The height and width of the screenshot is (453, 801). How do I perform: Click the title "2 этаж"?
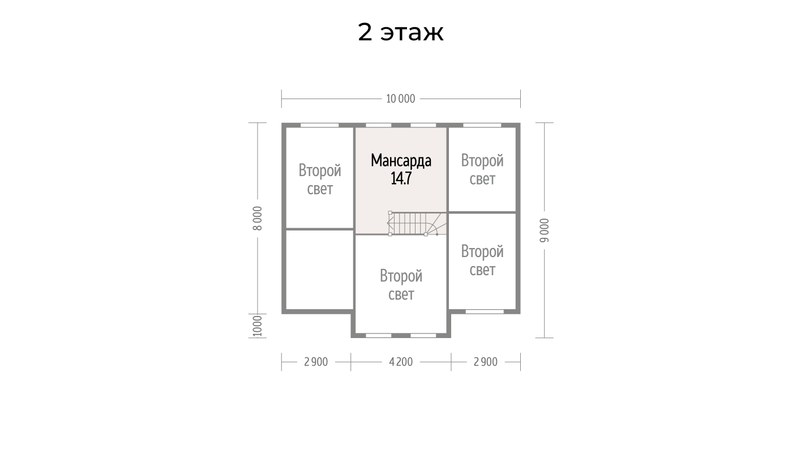(x=401, y=32)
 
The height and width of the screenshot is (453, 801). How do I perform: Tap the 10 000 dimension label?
(x=401, y=99)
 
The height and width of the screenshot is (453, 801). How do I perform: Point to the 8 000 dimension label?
(x=258, y=218)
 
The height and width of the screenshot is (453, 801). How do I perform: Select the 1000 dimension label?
(x=258, y=326)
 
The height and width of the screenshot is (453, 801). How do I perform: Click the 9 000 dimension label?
(x=544, y=230)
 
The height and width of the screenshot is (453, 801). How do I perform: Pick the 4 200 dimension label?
(x=401, y=362)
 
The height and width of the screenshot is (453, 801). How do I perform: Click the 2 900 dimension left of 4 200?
(x=316, y=362)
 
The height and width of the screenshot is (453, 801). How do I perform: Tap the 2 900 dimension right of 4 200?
(x=485, y=362)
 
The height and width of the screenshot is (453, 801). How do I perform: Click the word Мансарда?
(x=401, y=161)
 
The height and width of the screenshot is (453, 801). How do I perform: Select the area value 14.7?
(x=401, y=178)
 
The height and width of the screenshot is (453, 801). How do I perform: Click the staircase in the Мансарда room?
(x=417, y=223)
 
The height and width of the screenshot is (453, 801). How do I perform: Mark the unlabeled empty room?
(x=320, y=269)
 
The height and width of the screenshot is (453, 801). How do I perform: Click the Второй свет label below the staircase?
(x=401, y=285)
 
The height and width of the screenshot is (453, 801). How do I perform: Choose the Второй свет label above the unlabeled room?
(x=320, y=180)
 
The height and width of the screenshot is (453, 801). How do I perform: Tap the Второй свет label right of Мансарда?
(x=482, y=170)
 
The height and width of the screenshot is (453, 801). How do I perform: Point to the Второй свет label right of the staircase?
(x=482, y=260)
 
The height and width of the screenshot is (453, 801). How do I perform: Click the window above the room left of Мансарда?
(x=319, y=125)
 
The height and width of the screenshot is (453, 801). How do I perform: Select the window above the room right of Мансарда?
(x=482, y=125)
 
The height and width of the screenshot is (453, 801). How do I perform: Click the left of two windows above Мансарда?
(x=378, y=125)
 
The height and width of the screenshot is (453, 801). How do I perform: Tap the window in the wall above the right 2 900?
(x=485, y=311)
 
